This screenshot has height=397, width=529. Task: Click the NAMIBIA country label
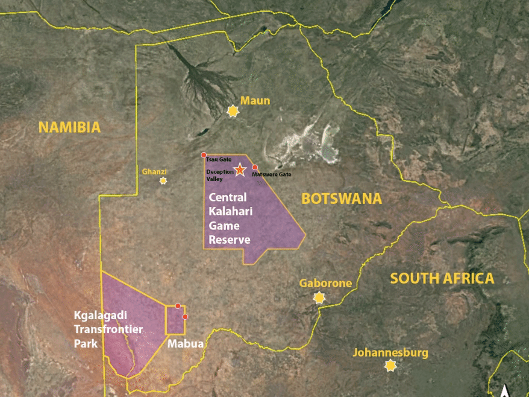(69, 127)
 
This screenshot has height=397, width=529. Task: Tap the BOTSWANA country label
(342, 198)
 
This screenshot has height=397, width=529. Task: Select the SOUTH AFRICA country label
(442, 278)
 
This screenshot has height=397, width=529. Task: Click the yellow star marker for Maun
(233, 110)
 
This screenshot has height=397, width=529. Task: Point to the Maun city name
(255, 100)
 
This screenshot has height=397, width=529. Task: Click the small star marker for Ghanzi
(163, 180)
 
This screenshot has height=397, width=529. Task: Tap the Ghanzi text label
(154, 171)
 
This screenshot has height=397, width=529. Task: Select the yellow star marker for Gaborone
(319, 297)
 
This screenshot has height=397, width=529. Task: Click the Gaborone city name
(325, 283)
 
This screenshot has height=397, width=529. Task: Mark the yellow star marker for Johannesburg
(391, 365)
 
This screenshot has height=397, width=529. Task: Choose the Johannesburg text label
(390, 352)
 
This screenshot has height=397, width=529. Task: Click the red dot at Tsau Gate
(204, 155)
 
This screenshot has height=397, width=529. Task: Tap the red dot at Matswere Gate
(255, 167)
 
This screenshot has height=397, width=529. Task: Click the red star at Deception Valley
(240, 170)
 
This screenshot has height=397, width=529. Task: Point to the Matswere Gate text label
(271, 174)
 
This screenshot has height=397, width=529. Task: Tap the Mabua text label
(186, 345)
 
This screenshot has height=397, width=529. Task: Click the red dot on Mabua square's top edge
(178, 306)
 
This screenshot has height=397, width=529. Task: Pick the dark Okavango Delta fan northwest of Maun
(196, 78)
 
